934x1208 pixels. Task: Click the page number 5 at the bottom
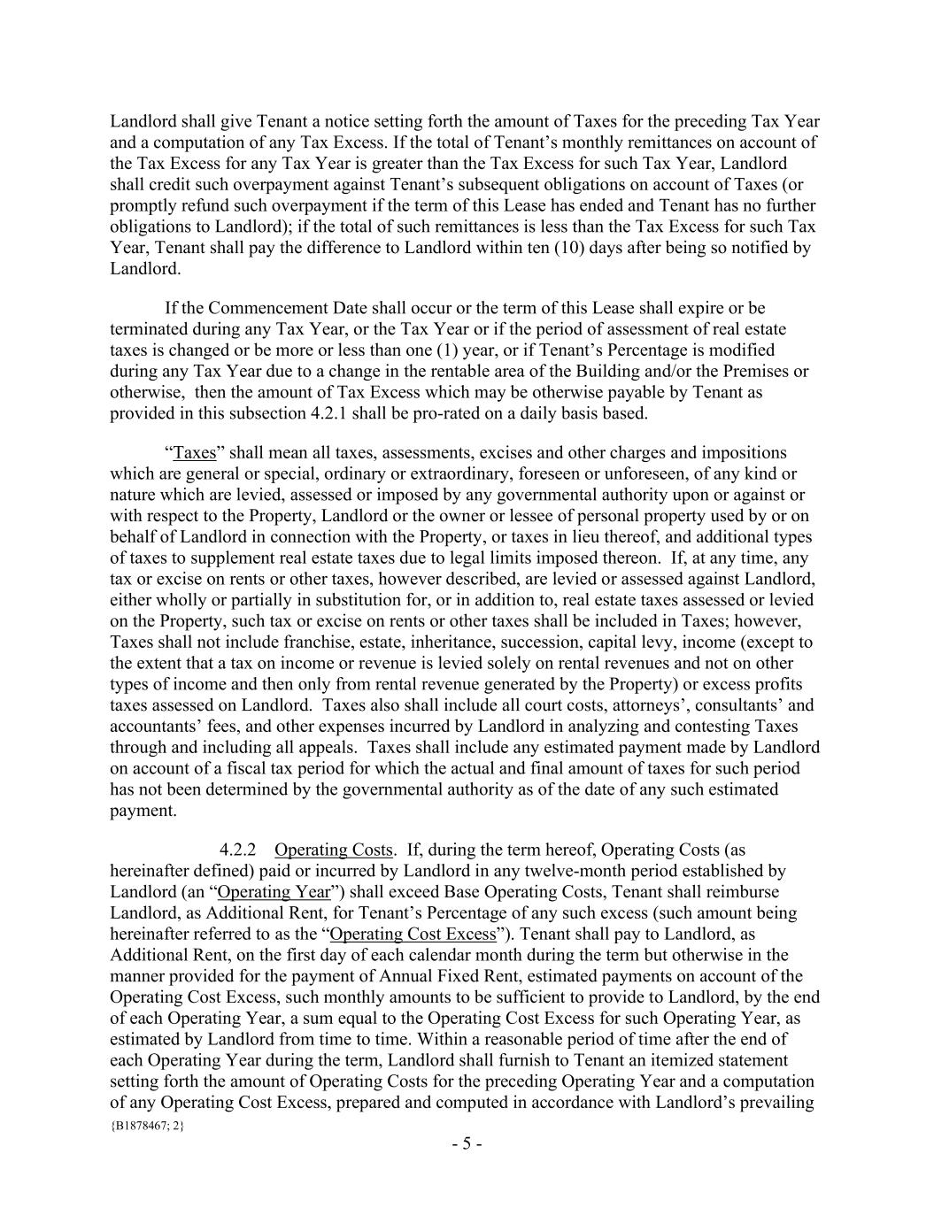[x=467, y=1143]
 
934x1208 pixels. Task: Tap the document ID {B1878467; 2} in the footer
[x=147, y=1126]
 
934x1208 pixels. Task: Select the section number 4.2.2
[x=238, y=850]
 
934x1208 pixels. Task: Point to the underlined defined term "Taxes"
[x=195, y=452]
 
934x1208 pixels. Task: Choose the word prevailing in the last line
[x=778, y=1103]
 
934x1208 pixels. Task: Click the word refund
[x=201, y=205]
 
